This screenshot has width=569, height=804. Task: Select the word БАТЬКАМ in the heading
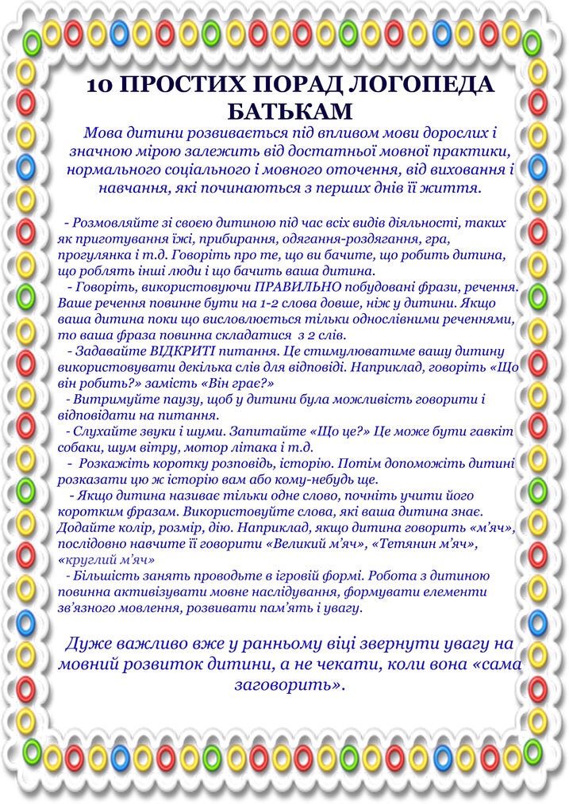coord(288,110)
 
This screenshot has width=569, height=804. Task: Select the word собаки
coord(78,448)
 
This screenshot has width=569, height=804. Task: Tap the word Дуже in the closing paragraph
coord(90,642)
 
